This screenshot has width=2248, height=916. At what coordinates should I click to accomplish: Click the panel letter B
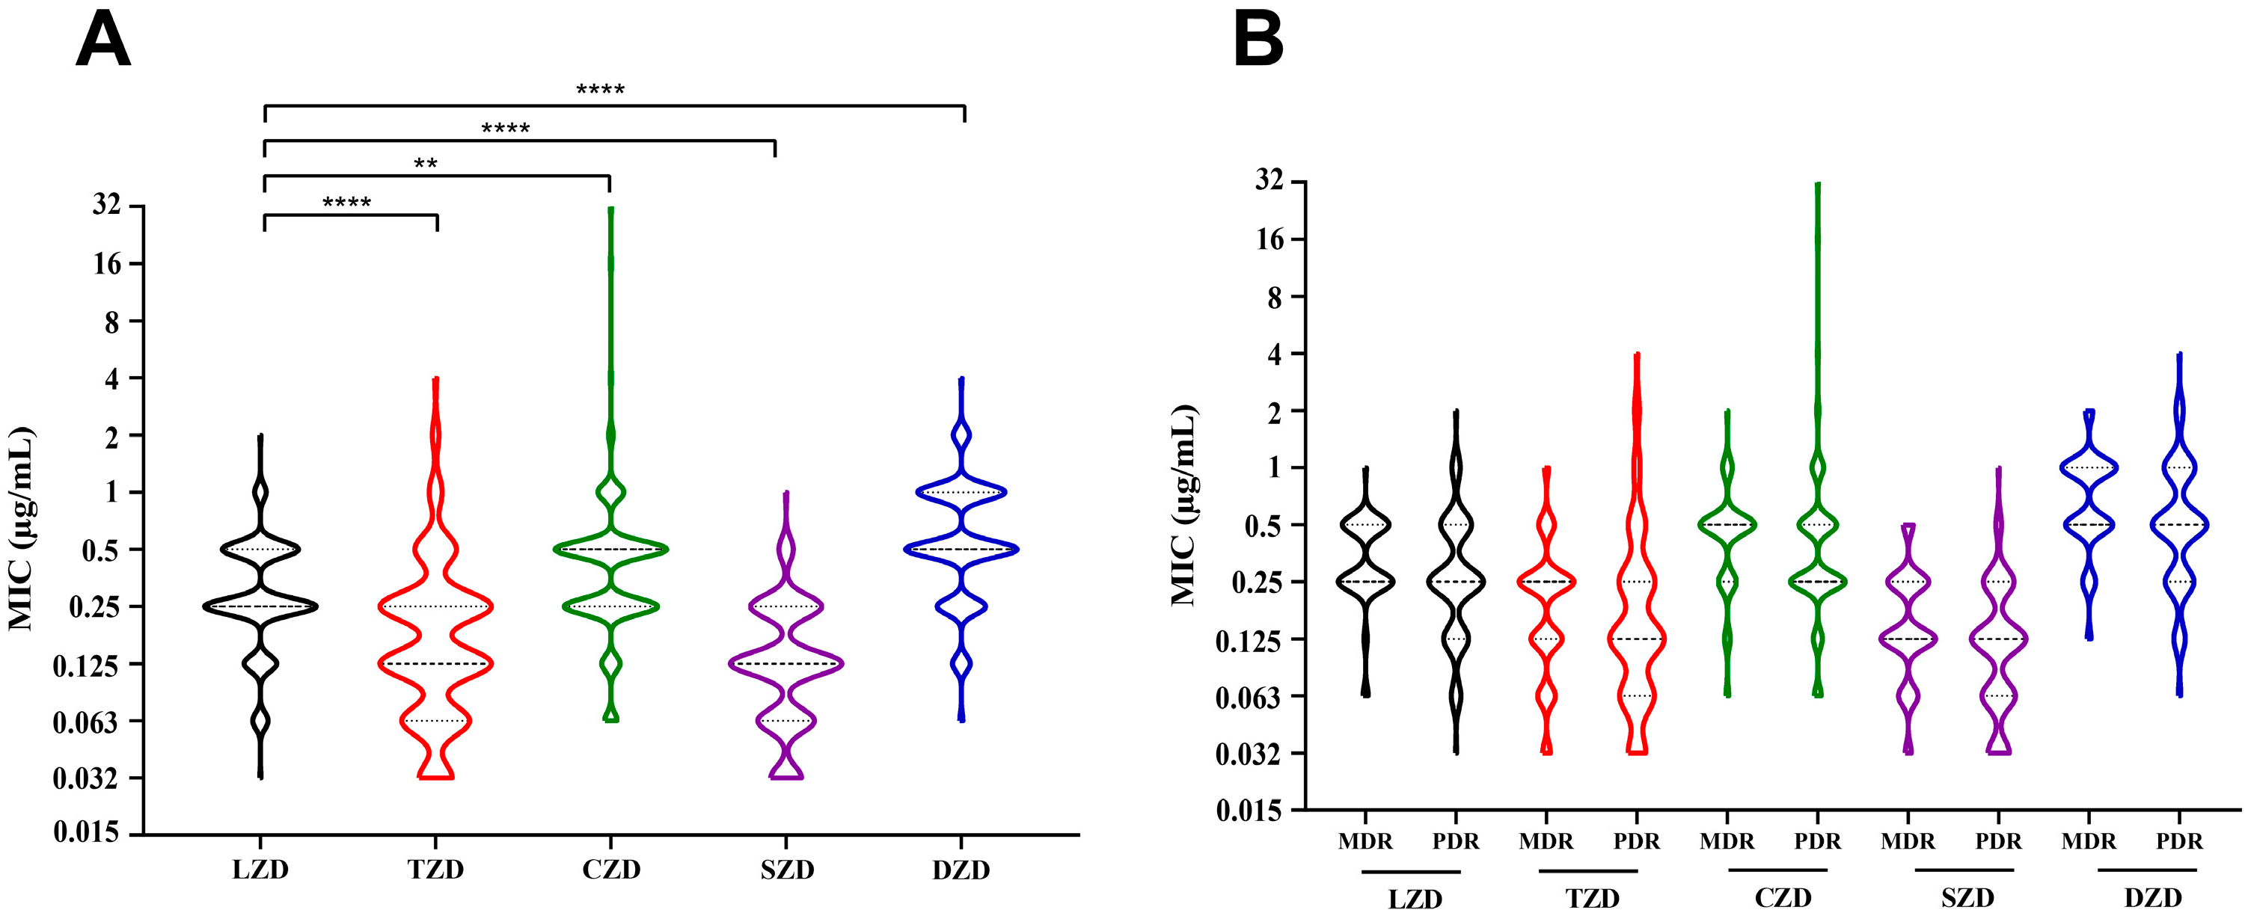click(1258, 41)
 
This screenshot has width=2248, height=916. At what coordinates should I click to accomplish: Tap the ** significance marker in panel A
click(425, 164)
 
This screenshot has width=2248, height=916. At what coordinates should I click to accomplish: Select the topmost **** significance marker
click(601, 90)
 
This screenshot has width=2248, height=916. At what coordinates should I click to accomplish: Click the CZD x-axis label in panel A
click(611, 870)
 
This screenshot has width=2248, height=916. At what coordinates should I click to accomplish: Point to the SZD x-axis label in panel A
click(786, 870)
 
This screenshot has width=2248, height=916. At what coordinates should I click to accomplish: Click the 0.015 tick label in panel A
click(85, 832)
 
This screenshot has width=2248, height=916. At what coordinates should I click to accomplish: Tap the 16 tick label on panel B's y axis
click(1270, 239)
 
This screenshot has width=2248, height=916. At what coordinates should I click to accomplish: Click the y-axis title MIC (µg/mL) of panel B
click(1183, 505)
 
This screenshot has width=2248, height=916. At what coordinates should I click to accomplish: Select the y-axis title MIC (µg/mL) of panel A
click(21, 529)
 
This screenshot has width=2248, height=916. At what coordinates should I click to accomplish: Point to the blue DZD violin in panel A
click(961, 549)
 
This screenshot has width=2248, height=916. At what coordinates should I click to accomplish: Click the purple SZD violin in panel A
click(786, 663)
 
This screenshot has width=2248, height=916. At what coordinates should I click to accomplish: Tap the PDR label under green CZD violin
click(1818, 842)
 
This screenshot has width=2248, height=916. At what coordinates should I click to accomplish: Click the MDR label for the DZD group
click(2089, 842)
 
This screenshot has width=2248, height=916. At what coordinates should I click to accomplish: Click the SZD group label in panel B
click(1967, 897)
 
